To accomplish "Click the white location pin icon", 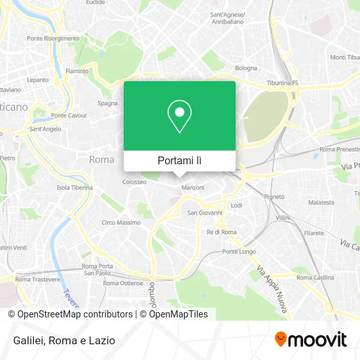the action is pyautogui.click(x=179, y=117).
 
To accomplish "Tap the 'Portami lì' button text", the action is pyautogui.click(x=179, y=160).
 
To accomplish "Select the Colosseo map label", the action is pyautogui.click(x=134, y=182).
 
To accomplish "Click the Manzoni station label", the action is pyautogui.click(x=194, y=188).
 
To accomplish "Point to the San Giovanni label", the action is pyautogui.click(x=205, y=213).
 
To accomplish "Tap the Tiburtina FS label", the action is pyautogui.click(x=282, y=83).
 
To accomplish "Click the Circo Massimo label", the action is pyautogui.click(x=120, y=223).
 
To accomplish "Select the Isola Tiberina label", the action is pyautogui.click(x=74, y=187).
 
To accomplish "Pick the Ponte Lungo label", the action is pyautogui.click(x=239, y=251).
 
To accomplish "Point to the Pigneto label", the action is pyautogui.click(x=274, y=196).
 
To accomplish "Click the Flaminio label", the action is pyautogui.click(x=77, y=71).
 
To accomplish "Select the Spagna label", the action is pyautogui.click(x=108, y=103).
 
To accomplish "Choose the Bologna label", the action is pyautogui.click(x=246, y=68).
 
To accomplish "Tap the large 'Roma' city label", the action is pyautogui.click(x=101, y=160).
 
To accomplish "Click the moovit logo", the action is pyautogui.click(x=310, y=340).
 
